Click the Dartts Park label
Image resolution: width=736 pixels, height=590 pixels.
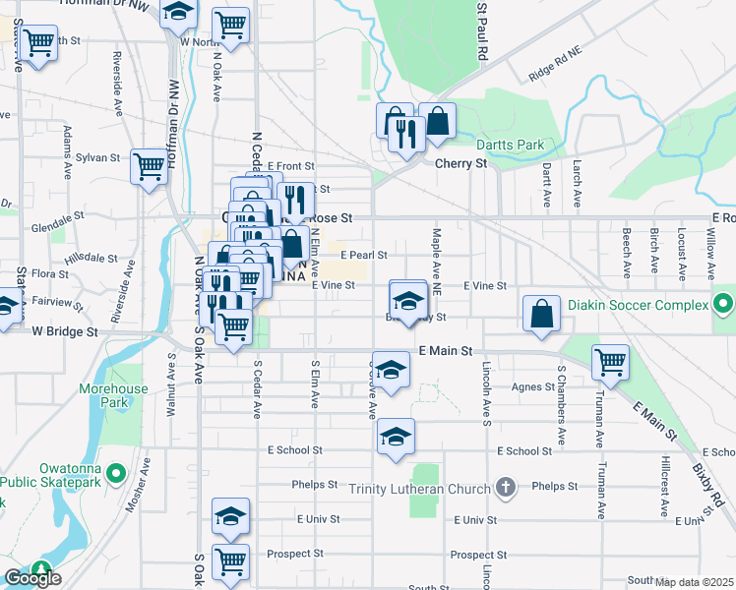(x=510, y=145)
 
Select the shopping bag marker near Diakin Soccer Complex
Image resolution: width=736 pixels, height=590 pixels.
(x=541, y=314)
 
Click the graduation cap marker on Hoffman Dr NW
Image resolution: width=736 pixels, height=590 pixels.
(x=178, y=13)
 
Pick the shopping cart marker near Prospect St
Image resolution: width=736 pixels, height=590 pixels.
(x=231, y=562)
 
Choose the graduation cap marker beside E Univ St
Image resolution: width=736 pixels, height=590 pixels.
(x=231, y=515)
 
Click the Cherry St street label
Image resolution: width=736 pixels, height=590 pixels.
(x=461, y=164)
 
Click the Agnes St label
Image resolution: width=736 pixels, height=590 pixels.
(x=535, y=386)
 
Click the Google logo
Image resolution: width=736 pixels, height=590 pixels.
(x=32, y=578)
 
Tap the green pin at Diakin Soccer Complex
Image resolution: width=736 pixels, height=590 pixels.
(x=723, y=302)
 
